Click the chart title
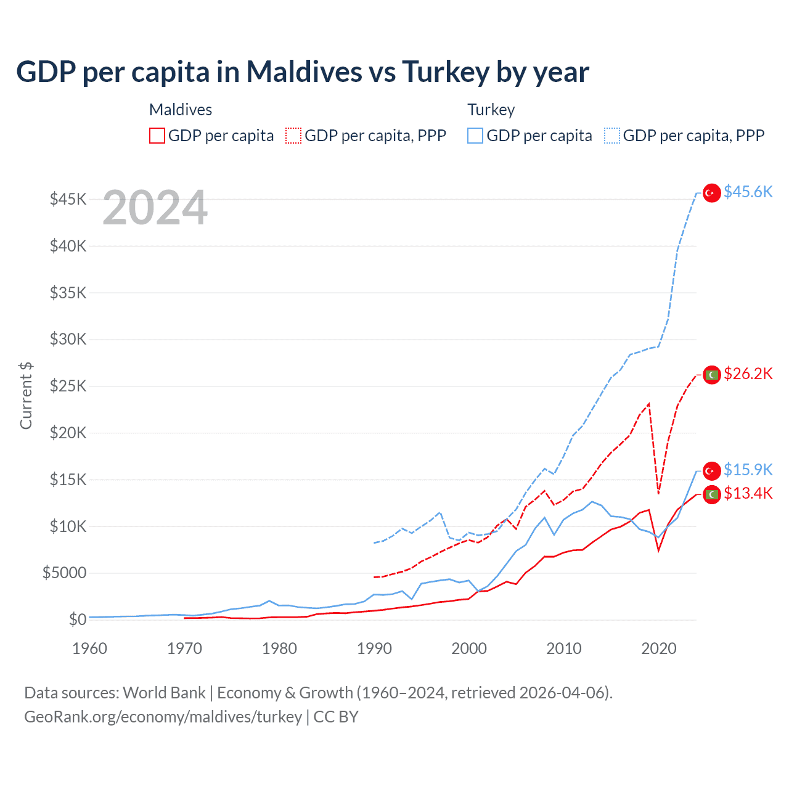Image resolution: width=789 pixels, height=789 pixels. pyautogui.click(x=303, y=72)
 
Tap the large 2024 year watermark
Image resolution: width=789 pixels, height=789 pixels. pyautogui.click(x=155, y=208)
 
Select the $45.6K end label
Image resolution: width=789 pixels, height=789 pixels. pyautogui.click(x=748, y=192)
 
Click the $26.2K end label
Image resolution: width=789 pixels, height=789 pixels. pyautogui.click(x=748, y=374)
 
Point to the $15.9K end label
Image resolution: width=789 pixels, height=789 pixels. pyautogui.click(x=748, y=470)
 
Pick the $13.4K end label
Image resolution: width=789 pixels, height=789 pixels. pyautogui.click(x=748, y=493)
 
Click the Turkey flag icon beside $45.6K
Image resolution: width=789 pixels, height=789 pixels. pyautogui.click(x=712, y=193)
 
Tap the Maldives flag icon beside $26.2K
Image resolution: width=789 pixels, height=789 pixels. pyautogui.click(x=712, y=375)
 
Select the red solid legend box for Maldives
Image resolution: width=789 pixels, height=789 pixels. pyautogui.click(x=157, y=136)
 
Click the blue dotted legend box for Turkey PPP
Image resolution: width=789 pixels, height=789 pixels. pyautogui.click(x=612, y=136)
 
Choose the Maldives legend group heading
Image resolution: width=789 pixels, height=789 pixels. pyautogui.click(x=181, y=110)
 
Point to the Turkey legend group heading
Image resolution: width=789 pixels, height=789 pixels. pyautogui.click(x=491, y=110)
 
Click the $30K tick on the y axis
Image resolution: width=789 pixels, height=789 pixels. pyautogui.click(x=68, y=339)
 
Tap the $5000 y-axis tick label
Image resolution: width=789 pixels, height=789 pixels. pyautogui.click(x=65, y=573)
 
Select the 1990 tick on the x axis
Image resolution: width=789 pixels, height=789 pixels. pyautogui.click(x=374, y=648)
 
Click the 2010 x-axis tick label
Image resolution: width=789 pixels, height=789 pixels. pyautogui.click(x=564, y=648)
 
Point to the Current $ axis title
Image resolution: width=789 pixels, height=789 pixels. pyautogui.click(x=26, y=395)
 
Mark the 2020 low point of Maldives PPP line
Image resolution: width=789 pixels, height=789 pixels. pyautogui.click(x=658, y=493)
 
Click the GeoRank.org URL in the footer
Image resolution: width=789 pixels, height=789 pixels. pyautogui.click(x=163, y=717)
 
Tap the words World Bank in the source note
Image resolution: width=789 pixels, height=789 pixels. pyautogui.click(x=164, y=693)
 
